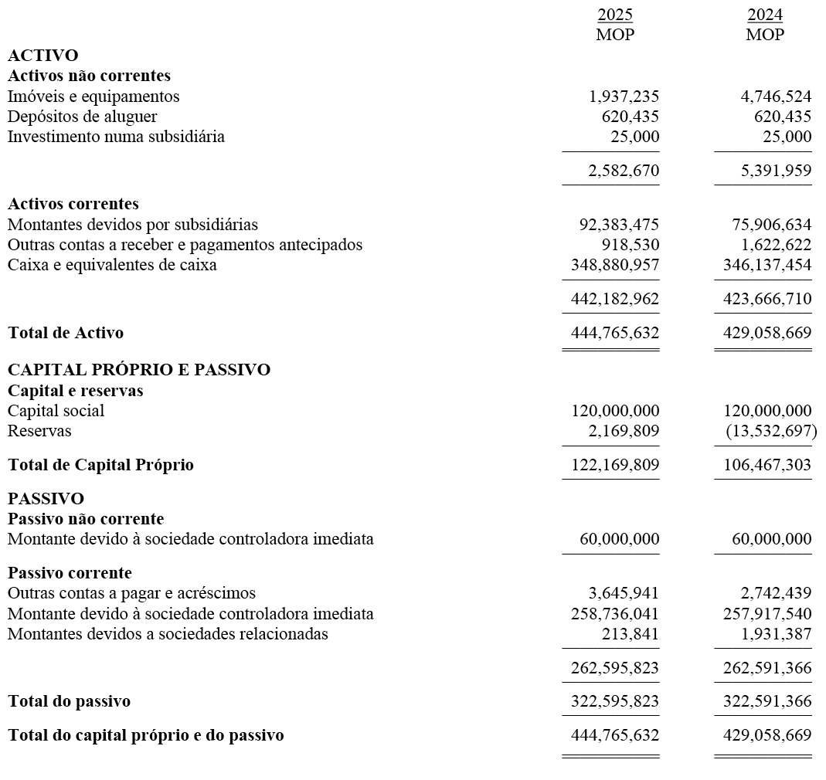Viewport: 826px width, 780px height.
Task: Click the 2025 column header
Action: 614,15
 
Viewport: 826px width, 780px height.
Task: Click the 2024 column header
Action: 765,15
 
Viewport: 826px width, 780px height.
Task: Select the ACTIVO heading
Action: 42,56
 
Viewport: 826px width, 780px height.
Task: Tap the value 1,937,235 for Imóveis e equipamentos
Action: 624,97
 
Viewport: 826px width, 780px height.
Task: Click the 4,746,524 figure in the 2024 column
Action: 775,97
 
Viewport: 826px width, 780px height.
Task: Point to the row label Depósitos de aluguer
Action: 82,117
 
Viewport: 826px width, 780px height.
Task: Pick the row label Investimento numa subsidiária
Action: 116,137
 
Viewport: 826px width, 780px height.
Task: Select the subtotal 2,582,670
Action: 624,171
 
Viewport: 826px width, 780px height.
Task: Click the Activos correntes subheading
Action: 73,204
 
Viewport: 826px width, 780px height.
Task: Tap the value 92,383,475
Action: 619,225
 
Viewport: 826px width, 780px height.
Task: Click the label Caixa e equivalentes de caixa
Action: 112,265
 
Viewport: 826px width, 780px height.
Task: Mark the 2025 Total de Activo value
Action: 615,333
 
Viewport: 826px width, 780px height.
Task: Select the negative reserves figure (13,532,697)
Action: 770,431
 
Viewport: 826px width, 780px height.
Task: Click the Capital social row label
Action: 56,411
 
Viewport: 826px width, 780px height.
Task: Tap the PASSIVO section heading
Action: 46,499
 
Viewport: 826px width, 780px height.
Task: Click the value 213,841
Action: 630,634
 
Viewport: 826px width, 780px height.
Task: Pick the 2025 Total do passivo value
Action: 615,701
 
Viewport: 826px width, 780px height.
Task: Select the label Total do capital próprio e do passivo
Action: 145,735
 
